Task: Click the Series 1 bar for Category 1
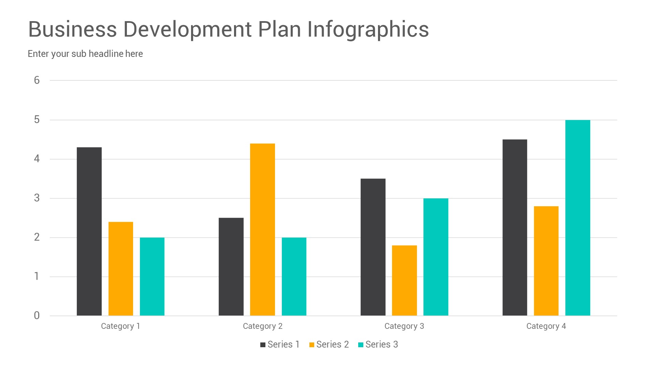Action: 89,231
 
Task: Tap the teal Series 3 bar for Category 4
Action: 578,218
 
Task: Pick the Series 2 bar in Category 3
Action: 404,280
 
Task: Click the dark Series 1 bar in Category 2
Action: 231,266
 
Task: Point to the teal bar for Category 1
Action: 152,276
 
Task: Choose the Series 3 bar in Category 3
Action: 436,257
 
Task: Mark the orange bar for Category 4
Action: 546,261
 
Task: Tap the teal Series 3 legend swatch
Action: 361,345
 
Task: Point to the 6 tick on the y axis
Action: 37,80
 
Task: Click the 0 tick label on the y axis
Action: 37,316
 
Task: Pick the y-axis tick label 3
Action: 37,198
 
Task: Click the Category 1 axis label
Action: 120,326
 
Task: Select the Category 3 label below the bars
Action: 404,326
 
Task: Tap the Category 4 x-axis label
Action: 546,326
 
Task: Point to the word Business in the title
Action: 72,29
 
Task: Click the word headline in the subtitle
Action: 106,54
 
